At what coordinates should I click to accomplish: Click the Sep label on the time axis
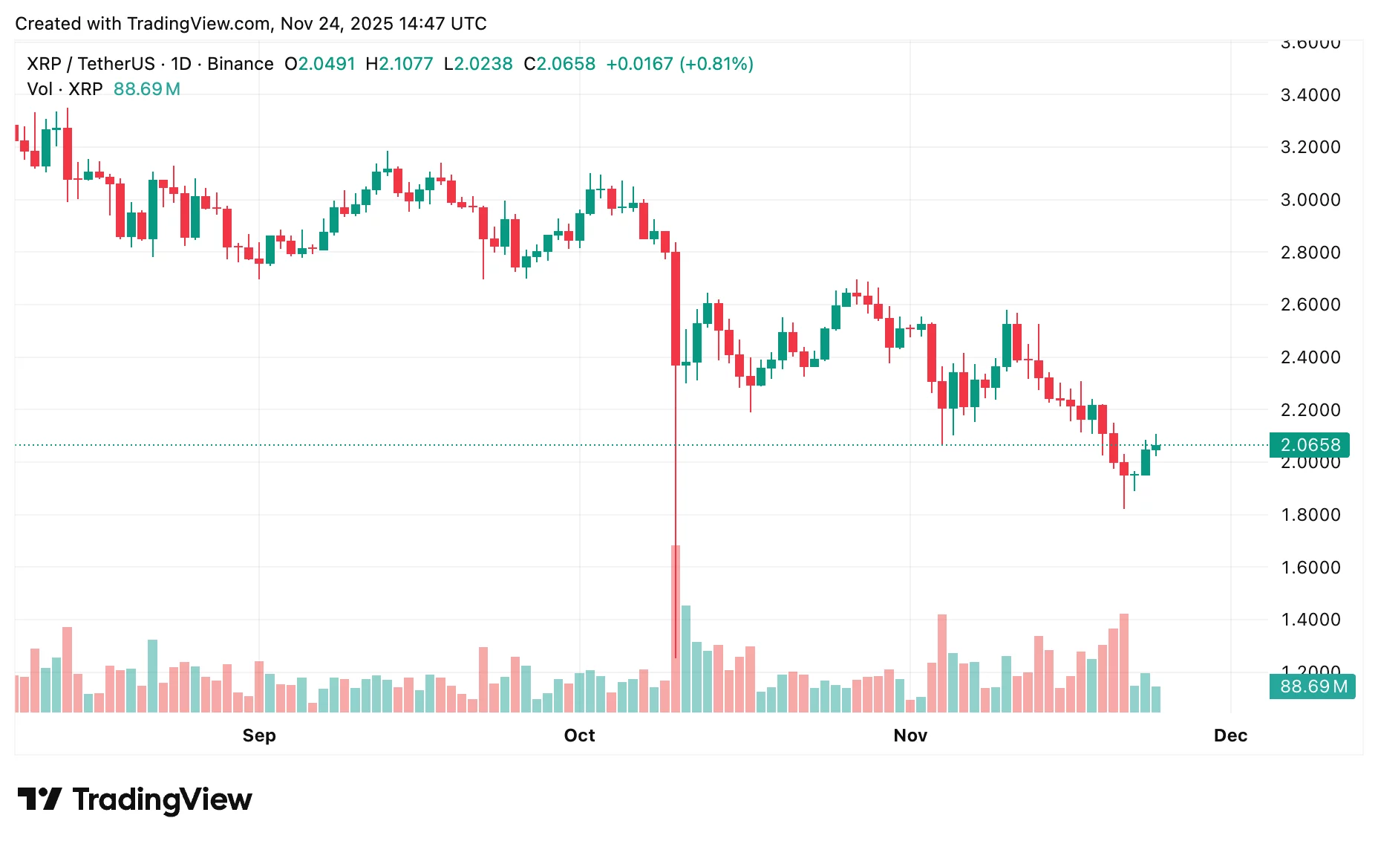(x=259, y=736)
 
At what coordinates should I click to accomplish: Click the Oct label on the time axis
(x=579, y=736)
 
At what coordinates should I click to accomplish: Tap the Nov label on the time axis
(x=910, y=736)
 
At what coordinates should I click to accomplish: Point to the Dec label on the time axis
(x=1230, y=736)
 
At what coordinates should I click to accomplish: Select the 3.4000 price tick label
(x=1310, y=95)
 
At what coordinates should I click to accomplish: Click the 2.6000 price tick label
(x=1310, y=305)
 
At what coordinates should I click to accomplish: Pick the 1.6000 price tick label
(x=1310, y=568)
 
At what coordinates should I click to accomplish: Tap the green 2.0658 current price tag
(x=1310, y=445)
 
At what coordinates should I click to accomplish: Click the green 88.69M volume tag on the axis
(x=1313, y=686)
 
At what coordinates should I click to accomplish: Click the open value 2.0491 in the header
(x=327, y=64)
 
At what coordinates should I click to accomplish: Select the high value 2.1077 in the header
(x=405, y=64)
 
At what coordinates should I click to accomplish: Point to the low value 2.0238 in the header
(x=483, y=64)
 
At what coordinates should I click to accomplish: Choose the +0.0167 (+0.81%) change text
(x=679, y=64)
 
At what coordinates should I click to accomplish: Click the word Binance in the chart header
(x=240, y=64)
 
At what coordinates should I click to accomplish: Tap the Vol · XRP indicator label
(x=65, y=89)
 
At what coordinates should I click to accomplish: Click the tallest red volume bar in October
(x=676, y=629)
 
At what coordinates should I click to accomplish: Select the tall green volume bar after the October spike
(x=686, y=658)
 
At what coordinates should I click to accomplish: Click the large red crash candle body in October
(x=676, y=308)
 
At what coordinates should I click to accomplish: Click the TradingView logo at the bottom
(x=135, y=799)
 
